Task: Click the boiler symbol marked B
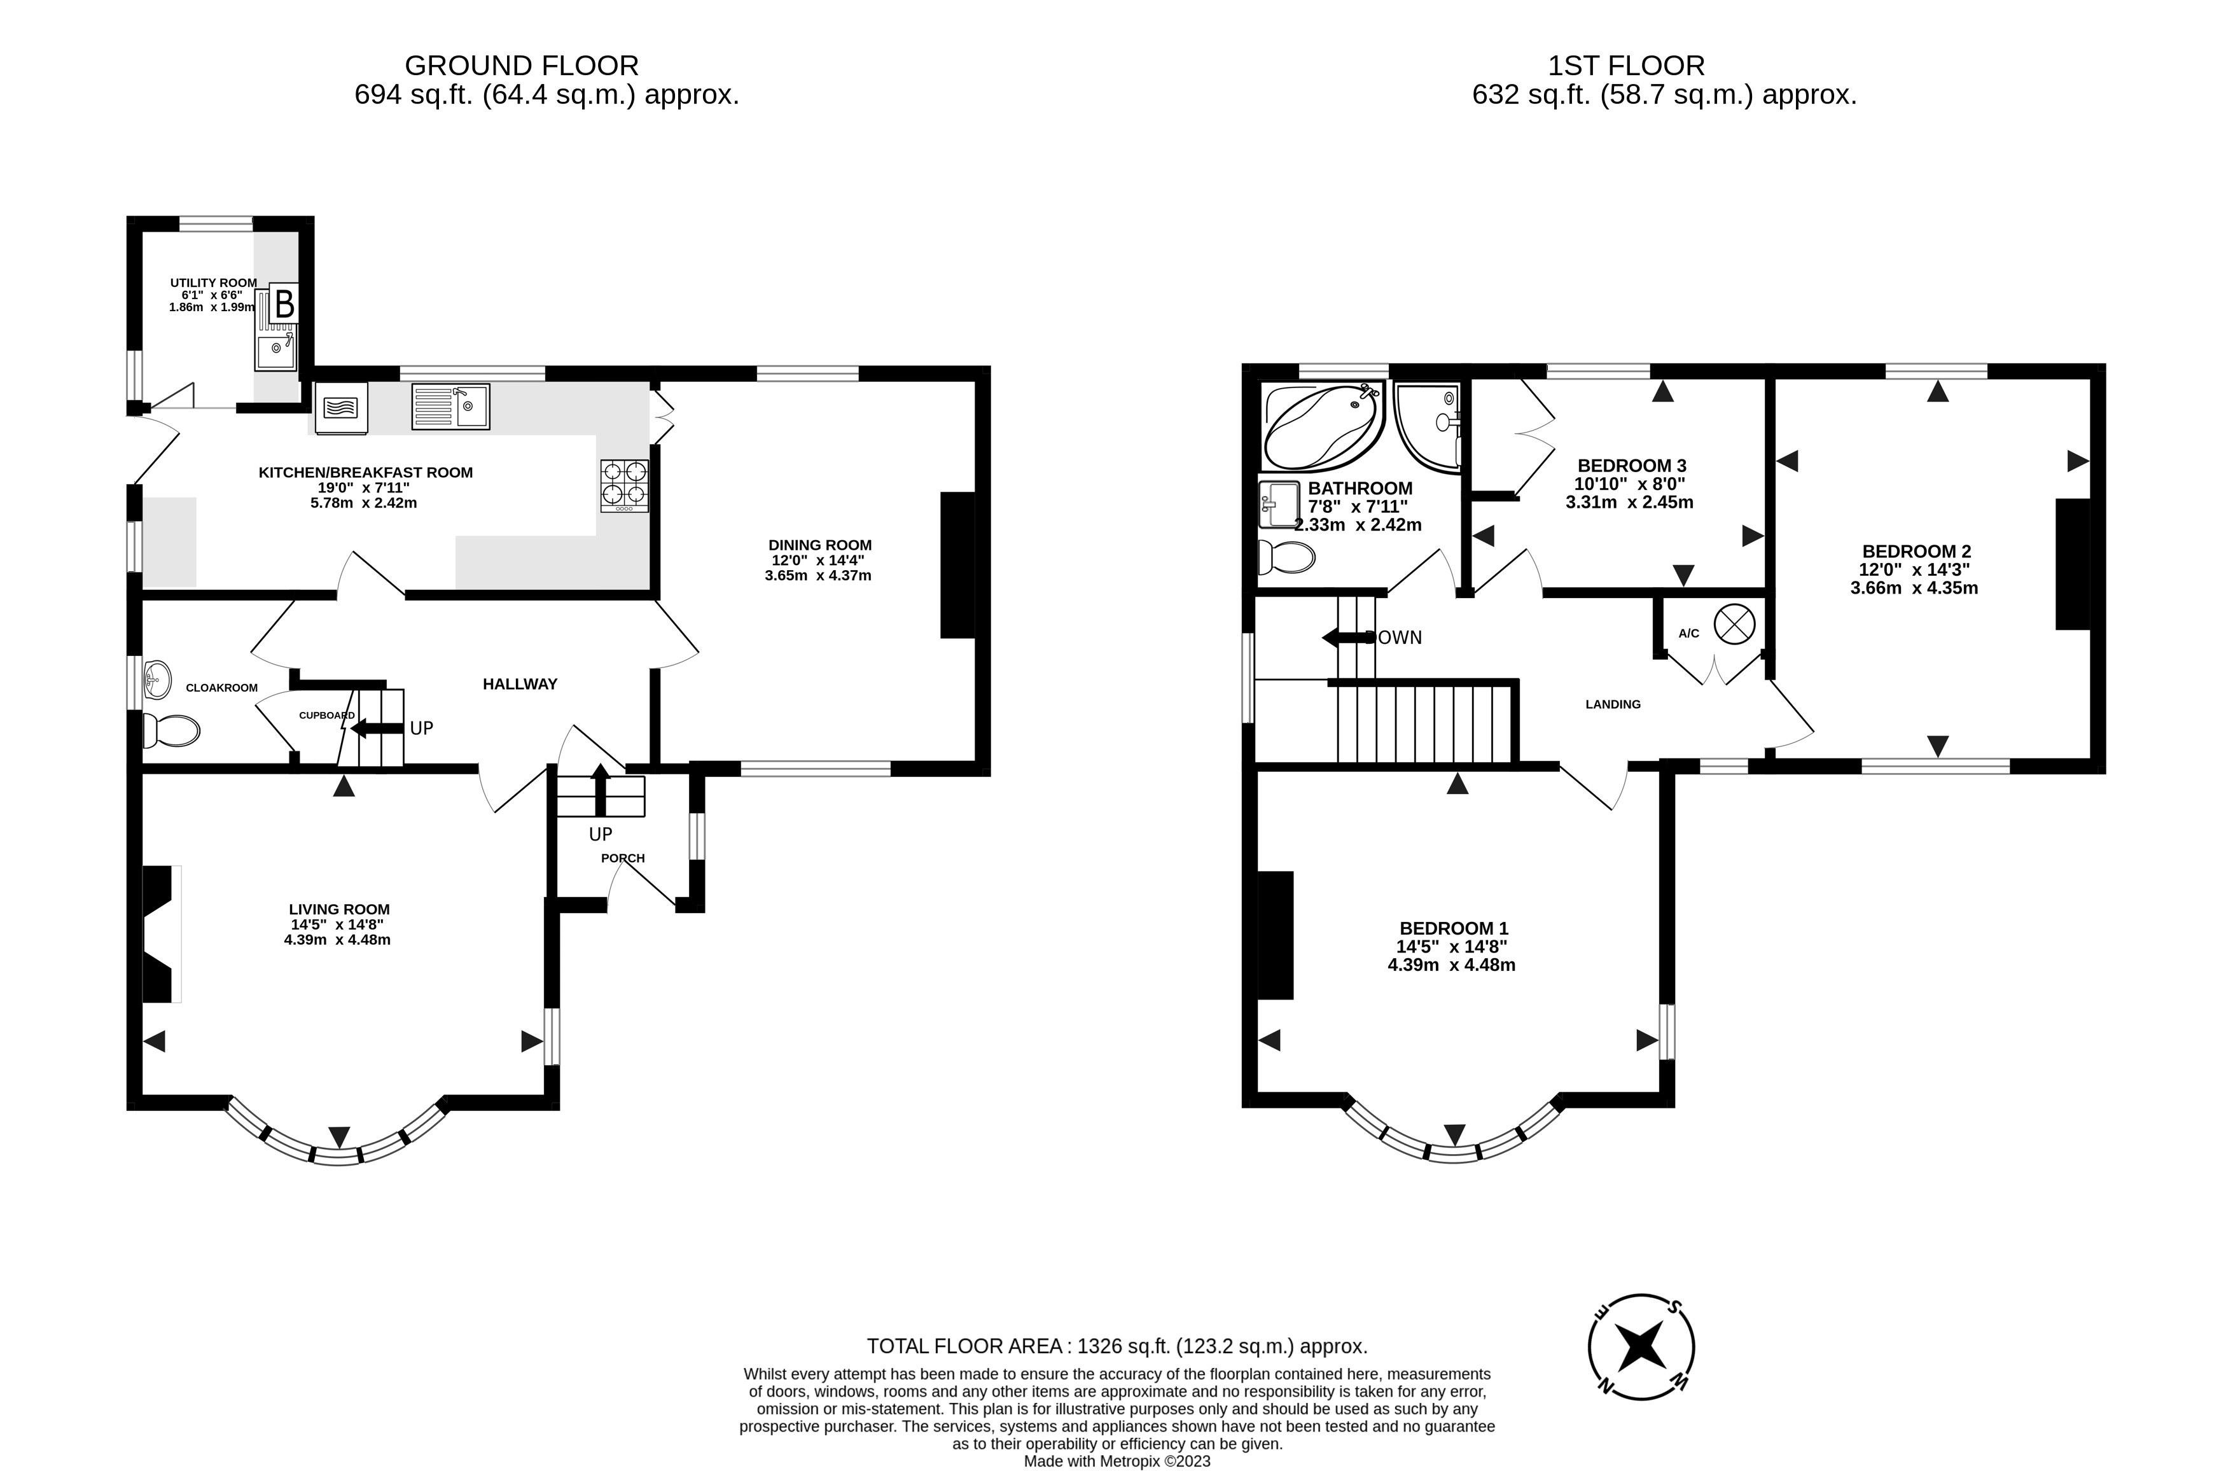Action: (x=284, y=305)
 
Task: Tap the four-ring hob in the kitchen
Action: (x=624, y=485)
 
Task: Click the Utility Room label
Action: (x=213, y=282)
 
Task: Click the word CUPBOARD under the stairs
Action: (x=326, y=715)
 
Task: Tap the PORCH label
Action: (x=623, y=858)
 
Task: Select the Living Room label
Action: (x=338, y=908)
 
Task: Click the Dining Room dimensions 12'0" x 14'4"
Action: (x=818, y=560)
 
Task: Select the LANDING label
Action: (x=1613, y=704)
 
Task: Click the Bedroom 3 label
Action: (x=1632, y=465)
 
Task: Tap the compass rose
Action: (x=1641, y=1347)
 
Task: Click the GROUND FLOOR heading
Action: (x=522, y=66)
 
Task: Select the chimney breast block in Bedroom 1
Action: (x=1276, y=935)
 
